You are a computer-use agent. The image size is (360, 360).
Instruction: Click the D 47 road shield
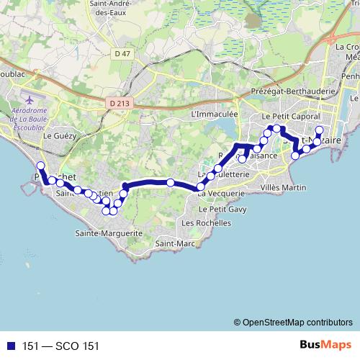[x=122, y=54]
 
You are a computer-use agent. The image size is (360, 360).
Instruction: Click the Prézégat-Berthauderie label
[x=294, y=92]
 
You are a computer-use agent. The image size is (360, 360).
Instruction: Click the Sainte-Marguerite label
[x=109, y=233]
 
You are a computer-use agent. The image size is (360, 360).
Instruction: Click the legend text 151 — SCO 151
[x=60, y=346]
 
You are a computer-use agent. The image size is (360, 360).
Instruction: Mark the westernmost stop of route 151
[x=40, y=166]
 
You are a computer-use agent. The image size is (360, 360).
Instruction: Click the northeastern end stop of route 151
[x=320, y=130]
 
